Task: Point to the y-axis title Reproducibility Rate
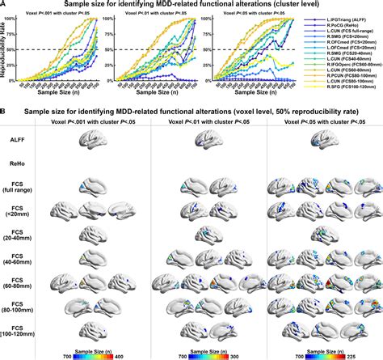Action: click(x=6, y=50)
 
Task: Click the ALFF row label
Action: click(x=16, y=140)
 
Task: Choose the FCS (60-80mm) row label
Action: click(x=16, y=285)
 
